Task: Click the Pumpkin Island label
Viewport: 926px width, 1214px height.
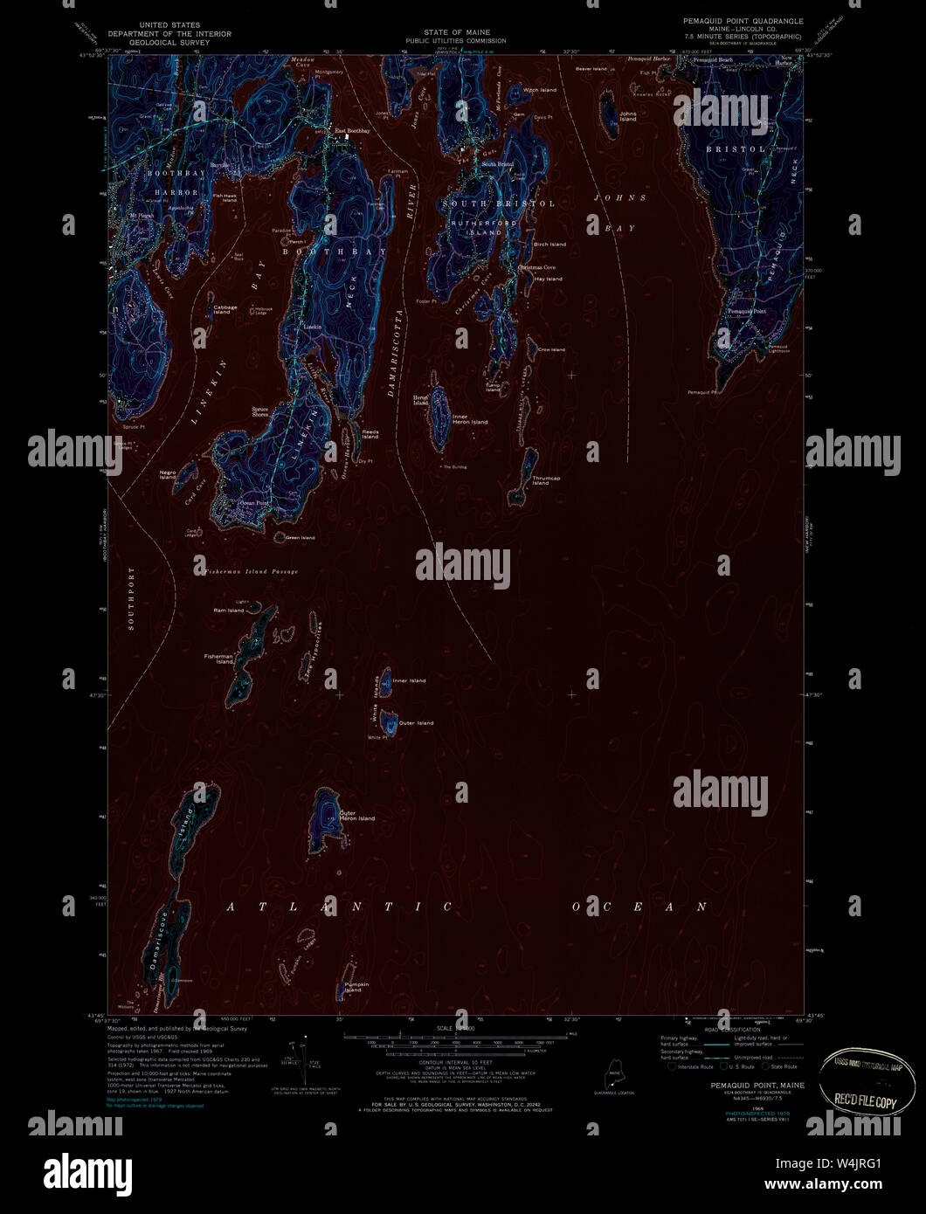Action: click(352, 987)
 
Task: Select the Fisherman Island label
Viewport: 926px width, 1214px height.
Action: click(219, 659)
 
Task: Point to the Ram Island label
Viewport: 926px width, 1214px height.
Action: click(229, 610)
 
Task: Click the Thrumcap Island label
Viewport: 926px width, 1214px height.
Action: click(546, 480)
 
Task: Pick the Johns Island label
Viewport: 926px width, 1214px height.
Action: click(627, 116)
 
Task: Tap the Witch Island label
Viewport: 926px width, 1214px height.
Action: click(539, 90)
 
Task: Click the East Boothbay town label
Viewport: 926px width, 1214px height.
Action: click(353, 131)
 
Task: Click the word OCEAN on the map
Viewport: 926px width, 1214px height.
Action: click(639, 907)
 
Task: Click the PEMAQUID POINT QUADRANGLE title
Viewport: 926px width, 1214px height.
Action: click(743, 20)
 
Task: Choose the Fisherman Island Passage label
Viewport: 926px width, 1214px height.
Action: click(251, 571)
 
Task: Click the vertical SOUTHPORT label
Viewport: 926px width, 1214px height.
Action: click(133, 599)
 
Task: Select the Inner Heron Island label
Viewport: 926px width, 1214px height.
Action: click(470, 419)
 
